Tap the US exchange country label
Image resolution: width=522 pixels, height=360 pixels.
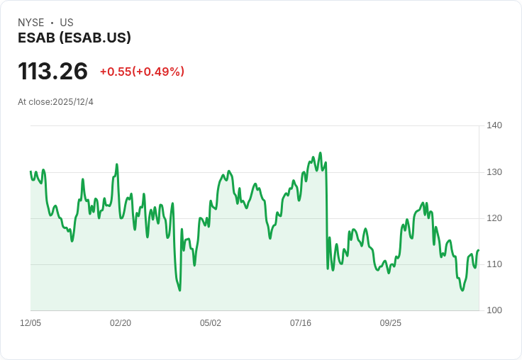pyautogui.click(x=67, y=23)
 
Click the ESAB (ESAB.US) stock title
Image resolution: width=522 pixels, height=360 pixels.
pyautogui.click(x=74, y=38)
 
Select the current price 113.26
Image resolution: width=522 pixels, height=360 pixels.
pyautogui.click(x=53, y=71)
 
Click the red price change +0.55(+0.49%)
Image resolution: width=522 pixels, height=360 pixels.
pyautogui.click(x=142, y=72)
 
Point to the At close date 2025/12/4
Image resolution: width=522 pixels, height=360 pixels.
pyautogui.click(x=55, y=102)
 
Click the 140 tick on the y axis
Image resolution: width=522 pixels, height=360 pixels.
pyautogui.click(x=494, y=125)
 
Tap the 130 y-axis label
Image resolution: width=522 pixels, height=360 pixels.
pyautogui.click(x=494, y=172)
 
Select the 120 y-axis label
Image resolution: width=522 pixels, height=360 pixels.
pyautogui.click(x=494, y=218)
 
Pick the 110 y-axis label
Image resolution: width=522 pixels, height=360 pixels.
pyautogui.click(x=494, y=264)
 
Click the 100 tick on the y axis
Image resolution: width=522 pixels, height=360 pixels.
pyautogui.click(x=494, y=310)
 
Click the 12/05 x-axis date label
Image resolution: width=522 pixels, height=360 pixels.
pyautogui.click(x=30, y=323)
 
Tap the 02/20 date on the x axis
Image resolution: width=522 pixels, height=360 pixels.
pyautogui.click(x=121, y=323)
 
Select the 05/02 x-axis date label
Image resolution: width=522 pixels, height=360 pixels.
pyautogui.click(x=211, y=323)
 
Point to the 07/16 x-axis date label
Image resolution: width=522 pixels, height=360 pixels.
pyautogui.click(x=301, y=323)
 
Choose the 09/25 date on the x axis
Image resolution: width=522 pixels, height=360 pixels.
pyautogui.click(x=391, y=323)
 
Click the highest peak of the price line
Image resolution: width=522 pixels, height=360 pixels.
pyautogui.click(x=320, y=152)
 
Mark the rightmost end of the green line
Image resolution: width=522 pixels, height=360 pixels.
pyautogui.click(x=479, y=250)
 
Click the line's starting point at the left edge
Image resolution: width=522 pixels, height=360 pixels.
pyautogui.click(x=30, y=171)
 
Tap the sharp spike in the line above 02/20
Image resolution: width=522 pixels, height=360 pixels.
pyautogui.click(x=116, y=164)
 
